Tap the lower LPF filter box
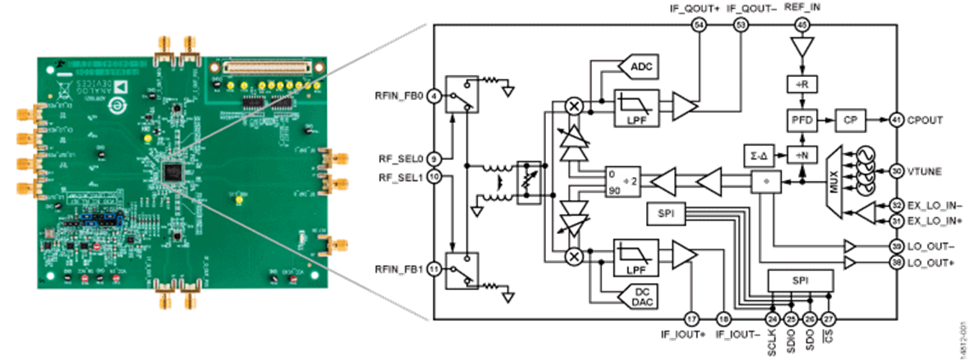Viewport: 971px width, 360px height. tap(636, 257)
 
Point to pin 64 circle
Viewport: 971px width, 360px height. tap(699, 26)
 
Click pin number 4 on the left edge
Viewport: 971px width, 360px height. tap(434, 95)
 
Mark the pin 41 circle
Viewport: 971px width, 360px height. tap(897, 119)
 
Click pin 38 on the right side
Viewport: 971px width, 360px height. tap(897, 264)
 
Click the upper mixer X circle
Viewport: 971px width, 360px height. tap(574, 106)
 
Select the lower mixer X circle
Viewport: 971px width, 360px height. tap(574, 256)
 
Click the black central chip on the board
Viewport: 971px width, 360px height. tap(174, 171)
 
